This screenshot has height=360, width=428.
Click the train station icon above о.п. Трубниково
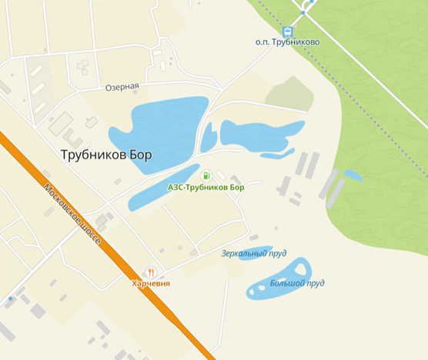288,32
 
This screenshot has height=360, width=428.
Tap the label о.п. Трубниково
287,43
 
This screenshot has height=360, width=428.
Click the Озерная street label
122,87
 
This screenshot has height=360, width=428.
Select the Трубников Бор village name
106,154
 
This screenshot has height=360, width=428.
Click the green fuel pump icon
206,175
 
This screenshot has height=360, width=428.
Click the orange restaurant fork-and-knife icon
151,272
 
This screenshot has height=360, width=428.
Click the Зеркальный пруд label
254,252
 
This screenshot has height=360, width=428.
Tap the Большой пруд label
296,283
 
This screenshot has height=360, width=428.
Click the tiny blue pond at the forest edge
353,175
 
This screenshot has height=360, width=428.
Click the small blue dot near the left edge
10,298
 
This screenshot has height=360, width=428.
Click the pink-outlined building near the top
82,68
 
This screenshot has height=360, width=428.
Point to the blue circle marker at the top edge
306,11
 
